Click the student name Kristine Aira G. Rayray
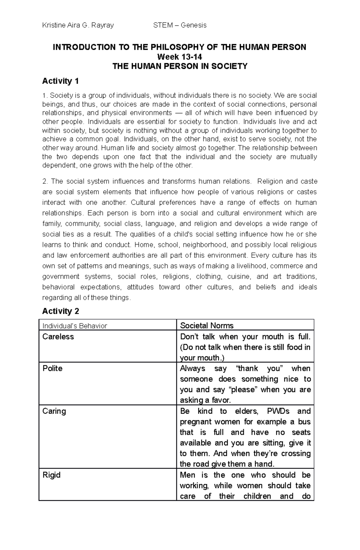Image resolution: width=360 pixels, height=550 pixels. [x=78, y=25]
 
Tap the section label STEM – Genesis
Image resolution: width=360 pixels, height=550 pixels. [x=180, y=25]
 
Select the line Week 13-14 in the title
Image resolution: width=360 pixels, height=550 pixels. [x=180, y=57]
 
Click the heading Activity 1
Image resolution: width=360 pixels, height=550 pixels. [x=60, y=81]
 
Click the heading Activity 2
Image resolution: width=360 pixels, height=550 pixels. [x=61, y=311]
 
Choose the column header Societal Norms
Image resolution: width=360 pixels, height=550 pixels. [x=206, y=326]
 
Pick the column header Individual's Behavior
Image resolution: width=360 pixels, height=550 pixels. [x=75, y=326]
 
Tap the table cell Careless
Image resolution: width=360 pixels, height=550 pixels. [x=58, y=337]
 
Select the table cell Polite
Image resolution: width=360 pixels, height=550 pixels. [x=52, y=368]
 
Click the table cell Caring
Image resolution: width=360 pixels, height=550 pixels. [x=54, y=411]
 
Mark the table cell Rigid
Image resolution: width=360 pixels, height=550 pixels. [x=51, y=475]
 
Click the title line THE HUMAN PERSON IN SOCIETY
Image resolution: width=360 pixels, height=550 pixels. [x=180, y=66]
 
